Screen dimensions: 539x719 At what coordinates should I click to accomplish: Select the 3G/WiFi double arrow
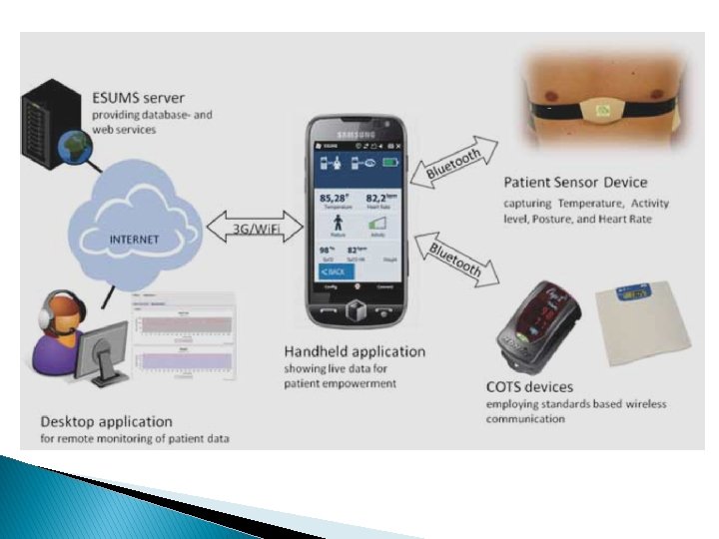(255, 227)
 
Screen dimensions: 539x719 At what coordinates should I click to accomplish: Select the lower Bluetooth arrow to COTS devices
(455, 258)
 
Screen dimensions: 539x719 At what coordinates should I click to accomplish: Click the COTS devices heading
(529, 387)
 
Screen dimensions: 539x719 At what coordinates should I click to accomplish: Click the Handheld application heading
(355, 351)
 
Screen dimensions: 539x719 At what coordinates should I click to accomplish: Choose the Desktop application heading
(107, 422)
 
